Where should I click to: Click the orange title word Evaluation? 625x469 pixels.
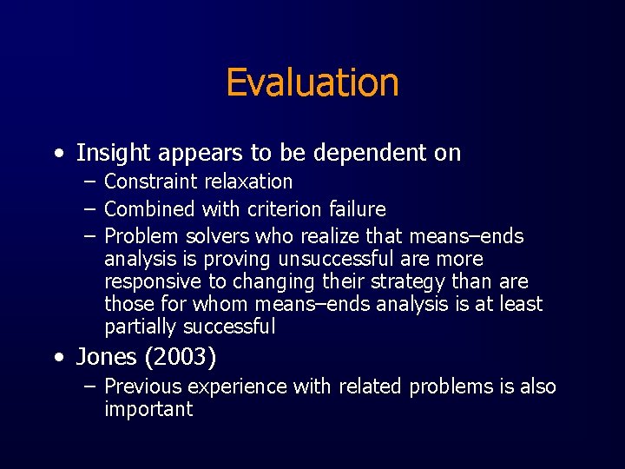coord(312,83)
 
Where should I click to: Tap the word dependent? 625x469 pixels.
coord(357,154)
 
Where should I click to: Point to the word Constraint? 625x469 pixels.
coord(150,182)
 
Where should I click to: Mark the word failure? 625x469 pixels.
coord(359,209)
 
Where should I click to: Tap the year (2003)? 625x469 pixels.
coord(181,357)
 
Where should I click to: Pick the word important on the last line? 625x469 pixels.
coord(148,409)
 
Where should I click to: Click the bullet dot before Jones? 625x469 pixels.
coord(57,358)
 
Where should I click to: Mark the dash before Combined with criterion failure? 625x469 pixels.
coord(89,209)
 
